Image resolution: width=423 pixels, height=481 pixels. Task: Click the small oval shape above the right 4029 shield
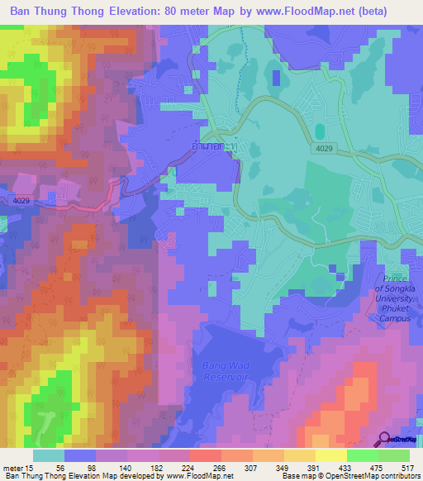(319, 131)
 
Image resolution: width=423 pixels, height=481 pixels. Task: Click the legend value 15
(30, 467)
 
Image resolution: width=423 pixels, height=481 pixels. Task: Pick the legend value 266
(220, 467)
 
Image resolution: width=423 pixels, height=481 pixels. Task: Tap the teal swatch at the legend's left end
(49, 455)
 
